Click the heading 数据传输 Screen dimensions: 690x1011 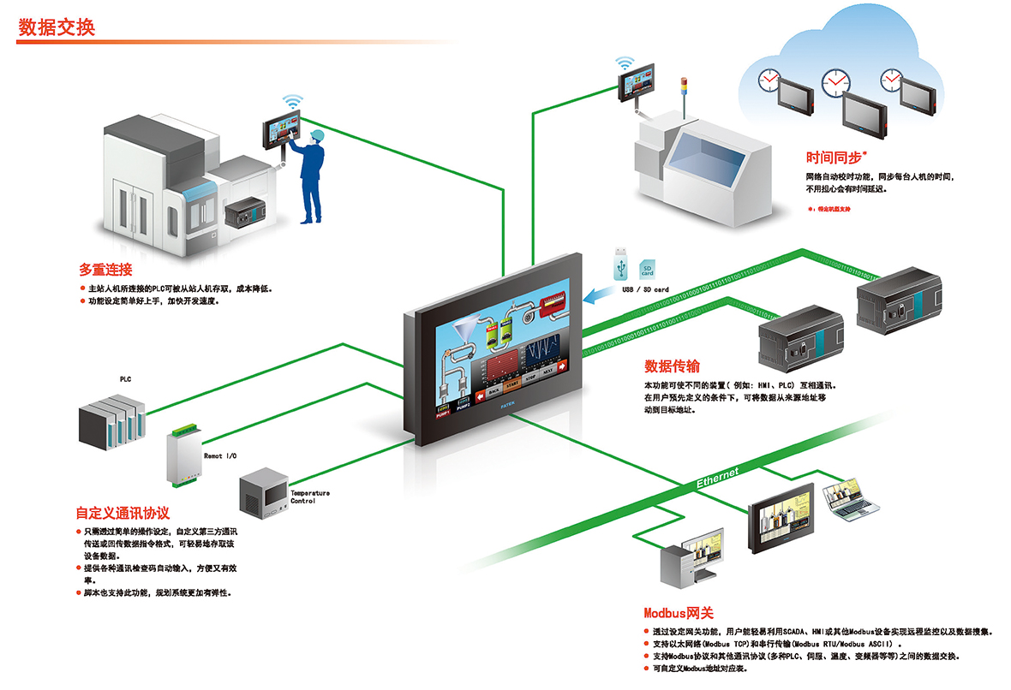(x=673, y=366)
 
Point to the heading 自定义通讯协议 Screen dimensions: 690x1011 (x=123, y=513)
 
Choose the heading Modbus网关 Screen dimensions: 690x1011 (x=678, y=613)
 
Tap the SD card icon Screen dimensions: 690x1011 (x=649, y=271)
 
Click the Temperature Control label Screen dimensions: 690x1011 (x=309, y=497)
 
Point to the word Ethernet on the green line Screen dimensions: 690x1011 (x=717, y=479)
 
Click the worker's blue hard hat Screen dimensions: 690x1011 (x=317, y=134)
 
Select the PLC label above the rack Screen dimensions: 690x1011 (x=125, y=378)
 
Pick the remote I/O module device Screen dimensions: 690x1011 (x=183, y=455)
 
